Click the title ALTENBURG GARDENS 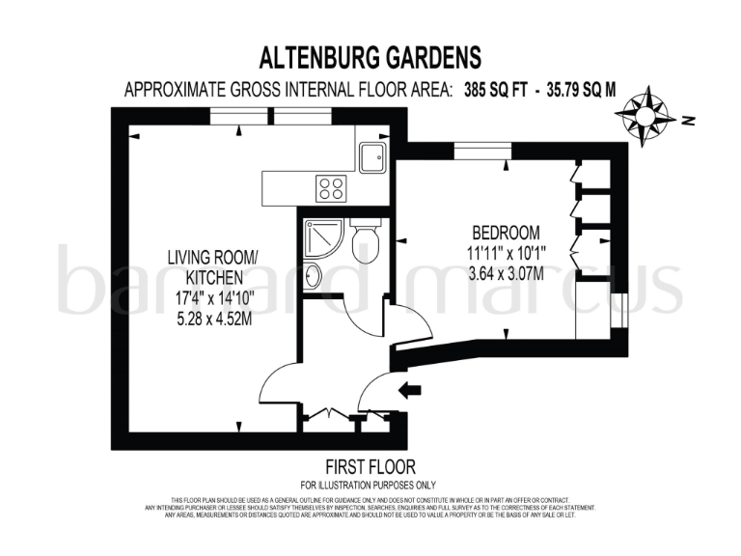(370, 57)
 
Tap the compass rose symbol (645, 114)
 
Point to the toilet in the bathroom (366, 242)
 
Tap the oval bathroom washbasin (314, 276)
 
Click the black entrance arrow (409, 390)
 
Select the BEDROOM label (506, 234)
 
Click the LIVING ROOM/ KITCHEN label (213, 267)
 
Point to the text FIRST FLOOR (370, 464)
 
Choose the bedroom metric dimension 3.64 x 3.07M (506, 273)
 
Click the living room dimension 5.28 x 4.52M (213, 320)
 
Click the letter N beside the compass (687, 121)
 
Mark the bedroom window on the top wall (481, 147)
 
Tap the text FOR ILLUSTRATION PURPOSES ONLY (370, 484)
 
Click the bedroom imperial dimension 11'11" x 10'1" (506, 254)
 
